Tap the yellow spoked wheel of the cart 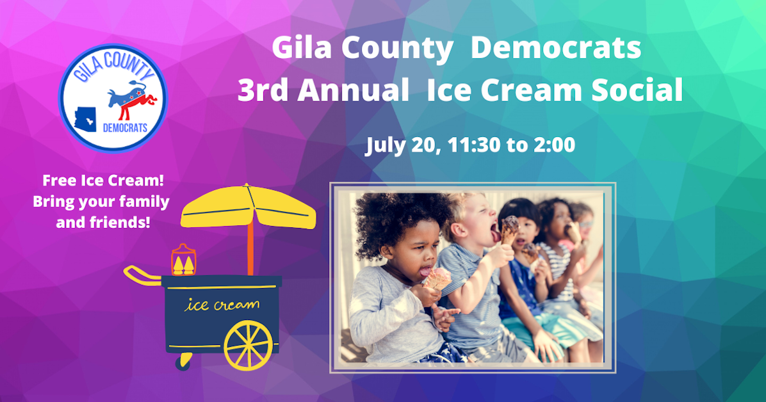(248, 344)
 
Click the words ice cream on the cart (222, 305)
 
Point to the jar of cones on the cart (183, 260)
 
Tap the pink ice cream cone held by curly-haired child (437, 278)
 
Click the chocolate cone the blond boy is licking (509, 229)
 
